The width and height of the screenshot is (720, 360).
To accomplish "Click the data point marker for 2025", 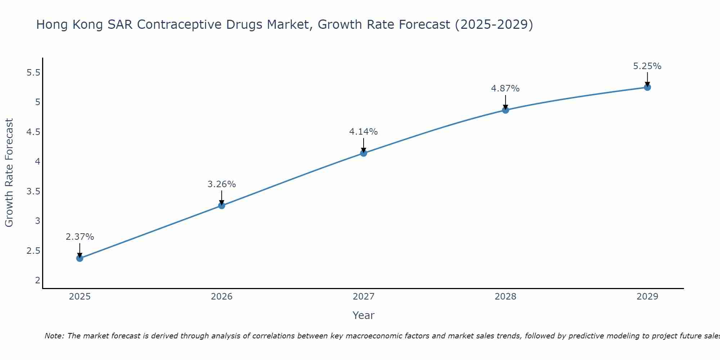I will tap(80, 258).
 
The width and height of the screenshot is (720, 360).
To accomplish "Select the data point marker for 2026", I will tap(222, 206).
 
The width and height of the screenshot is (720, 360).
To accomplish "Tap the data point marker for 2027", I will tap(364, 153).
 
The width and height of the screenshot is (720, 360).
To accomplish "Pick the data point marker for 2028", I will tap(505, 110).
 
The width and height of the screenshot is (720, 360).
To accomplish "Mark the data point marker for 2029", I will tap(647, 87).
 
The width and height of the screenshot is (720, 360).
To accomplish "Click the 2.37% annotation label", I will tap(80, 237).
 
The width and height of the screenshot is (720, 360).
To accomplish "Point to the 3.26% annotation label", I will tap(222, 184).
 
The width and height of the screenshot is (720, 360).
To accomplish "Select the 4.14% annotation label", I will tap(364, 132).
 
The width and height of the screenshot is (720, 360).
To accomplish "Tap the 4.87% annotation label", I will tap(505, 89).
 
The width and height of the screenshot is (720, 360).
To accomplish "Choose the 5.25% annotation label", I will tap(647, 66).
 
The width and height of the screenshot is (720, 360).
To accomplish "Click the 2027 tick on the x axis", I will tap(364, 297).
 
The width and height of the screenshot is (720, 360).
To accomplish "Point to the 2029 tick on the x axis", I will tap(647, 297).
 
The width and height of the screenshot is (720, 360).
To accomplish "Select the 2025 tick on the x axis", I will tap(80, 297).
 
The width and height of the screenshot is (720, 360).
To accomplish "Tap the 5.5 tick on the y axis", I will tap(33, 73).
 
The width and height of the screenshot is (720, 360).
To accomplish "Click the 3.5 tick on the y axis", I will tap(33, 191).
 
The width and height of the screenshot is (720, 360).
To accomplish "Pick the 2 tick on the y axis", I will tap(38, 280).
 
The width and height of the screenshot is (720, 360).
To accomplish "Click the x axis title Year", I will tap(364, 315).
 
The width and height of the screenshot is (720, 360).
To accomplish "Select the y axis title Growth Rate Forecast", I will tap(9, 173).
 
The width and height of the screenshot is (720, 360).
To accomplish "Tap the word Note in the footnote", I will tap(54, 336).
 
